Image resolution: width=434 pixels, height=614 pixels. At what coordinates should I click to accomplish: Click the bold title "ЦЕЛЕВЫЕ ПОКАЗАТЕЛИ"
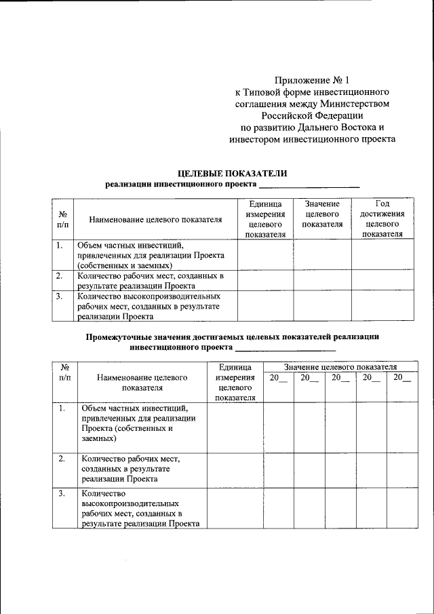pos(232,173)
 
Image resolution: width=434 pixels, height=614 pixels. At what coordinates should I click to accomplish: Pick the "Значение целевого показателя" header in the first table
pos(322,214)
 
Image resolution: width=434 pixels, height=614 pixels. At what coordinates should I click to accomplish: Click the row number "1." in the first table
pos(60,245)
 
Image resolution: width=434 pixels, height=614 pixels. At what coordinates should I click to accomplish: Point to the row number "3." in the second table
pos(62,493)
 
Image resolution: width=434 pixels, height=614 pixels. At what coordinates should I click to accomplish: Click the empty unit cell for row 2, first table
pos(265,280)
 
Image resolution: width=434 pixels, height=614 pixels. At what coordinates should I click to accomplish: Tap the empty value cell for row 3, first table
pos(322,305)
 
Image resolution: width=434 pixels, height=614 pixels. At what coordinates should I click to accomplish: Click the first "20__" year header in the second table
pos(278,378)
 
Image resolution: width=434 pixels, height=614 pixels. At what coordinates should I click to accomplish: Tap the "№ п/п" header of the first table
pos(62,218)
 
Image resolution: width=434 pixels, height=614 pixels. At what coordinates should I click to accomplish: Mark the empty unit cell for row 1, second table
pos(235,427)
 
